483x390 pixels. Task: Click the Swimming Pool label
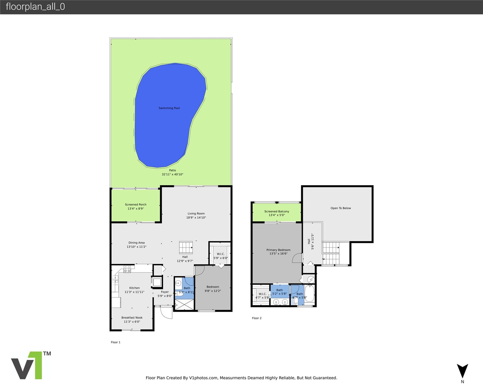[169, 108]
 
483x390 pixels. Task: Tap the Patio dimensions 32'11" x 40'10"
[172, 174]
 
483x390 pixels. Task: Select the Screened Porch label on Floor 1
[135, 205]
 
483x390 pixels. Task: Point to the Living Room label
[196, 214]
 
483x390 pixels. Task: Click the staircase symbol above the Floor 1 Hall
[186, 248]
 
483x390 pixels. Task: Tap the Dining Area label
[137, 243]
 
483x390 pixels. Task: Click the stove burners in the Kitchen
[127, 269]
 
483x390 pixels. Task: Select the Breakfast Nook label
[132, 318]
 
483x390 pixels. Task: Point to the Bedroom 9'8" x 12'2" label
[213, 289]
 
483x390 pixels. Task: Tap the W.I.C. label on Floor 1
[220, 254]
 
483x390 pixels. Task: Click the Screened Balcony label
[277, 211]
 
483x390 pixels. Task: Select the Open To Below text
[341, 208]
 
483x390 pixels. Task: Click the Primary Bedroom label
[278, 250]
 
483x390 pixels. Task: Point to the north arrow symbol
[462, 371]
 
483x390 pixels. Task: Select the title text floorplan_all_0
[35, 7]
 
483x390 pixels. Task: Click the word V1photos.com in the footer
[203, 378]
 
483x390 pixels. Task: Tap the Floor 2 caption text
[256, 318]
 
